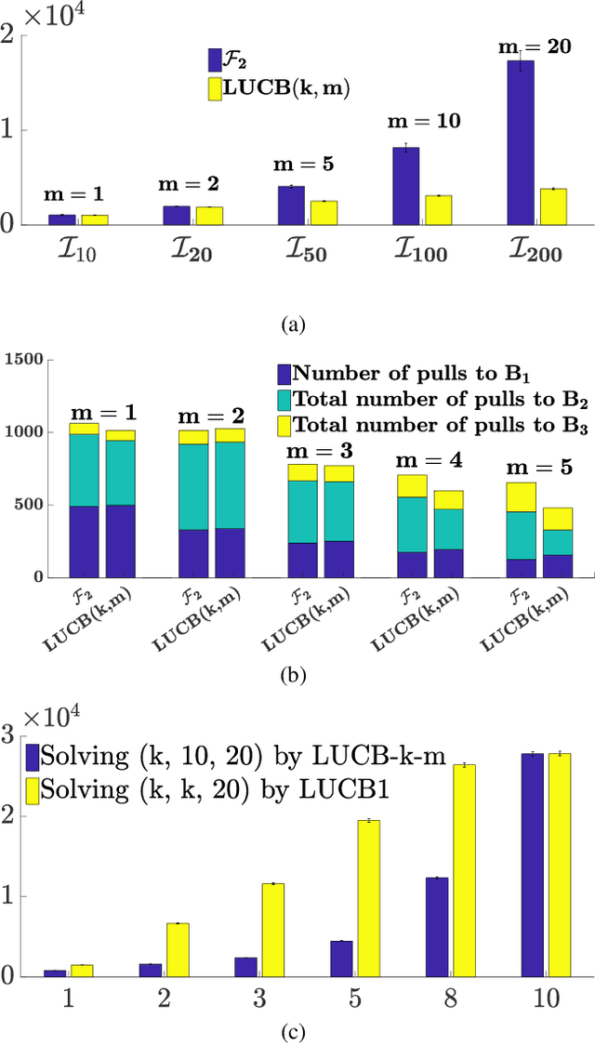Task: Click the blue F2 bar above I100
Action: click(x=405, y=186)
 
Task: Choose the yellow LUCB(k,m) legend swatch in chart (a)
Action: click(x=215, y=88)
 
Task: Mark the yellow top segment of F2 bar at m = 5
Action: click(x=521, y=496)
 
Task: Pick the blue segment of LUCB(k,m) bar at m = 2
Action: click(x=231, y=553)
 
